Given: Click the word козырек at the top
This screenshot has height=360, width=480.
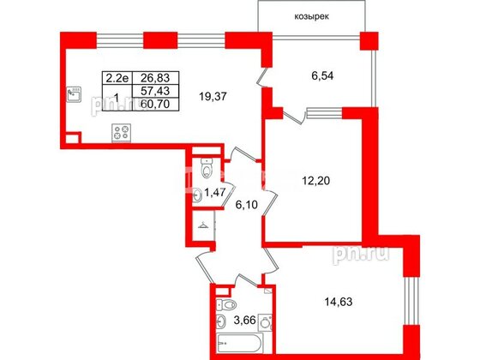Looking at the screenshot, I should pyautogui.click(x=309, y=15).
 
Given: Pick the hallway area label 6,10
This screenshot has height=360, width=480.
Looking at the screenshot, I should pyautogui.click(x=246, y=205).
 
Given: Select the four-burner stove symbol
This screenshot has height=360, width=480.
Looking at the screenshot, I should pyautogui.click(x=122, y=132).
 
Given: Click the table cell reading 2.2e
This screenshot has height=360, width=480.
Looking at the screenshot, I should pyautogui.click(x=117, y=75).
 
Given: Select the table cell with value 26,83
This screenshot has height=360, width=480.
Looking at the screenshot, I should pyautogui.click(x=151, y=75).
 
